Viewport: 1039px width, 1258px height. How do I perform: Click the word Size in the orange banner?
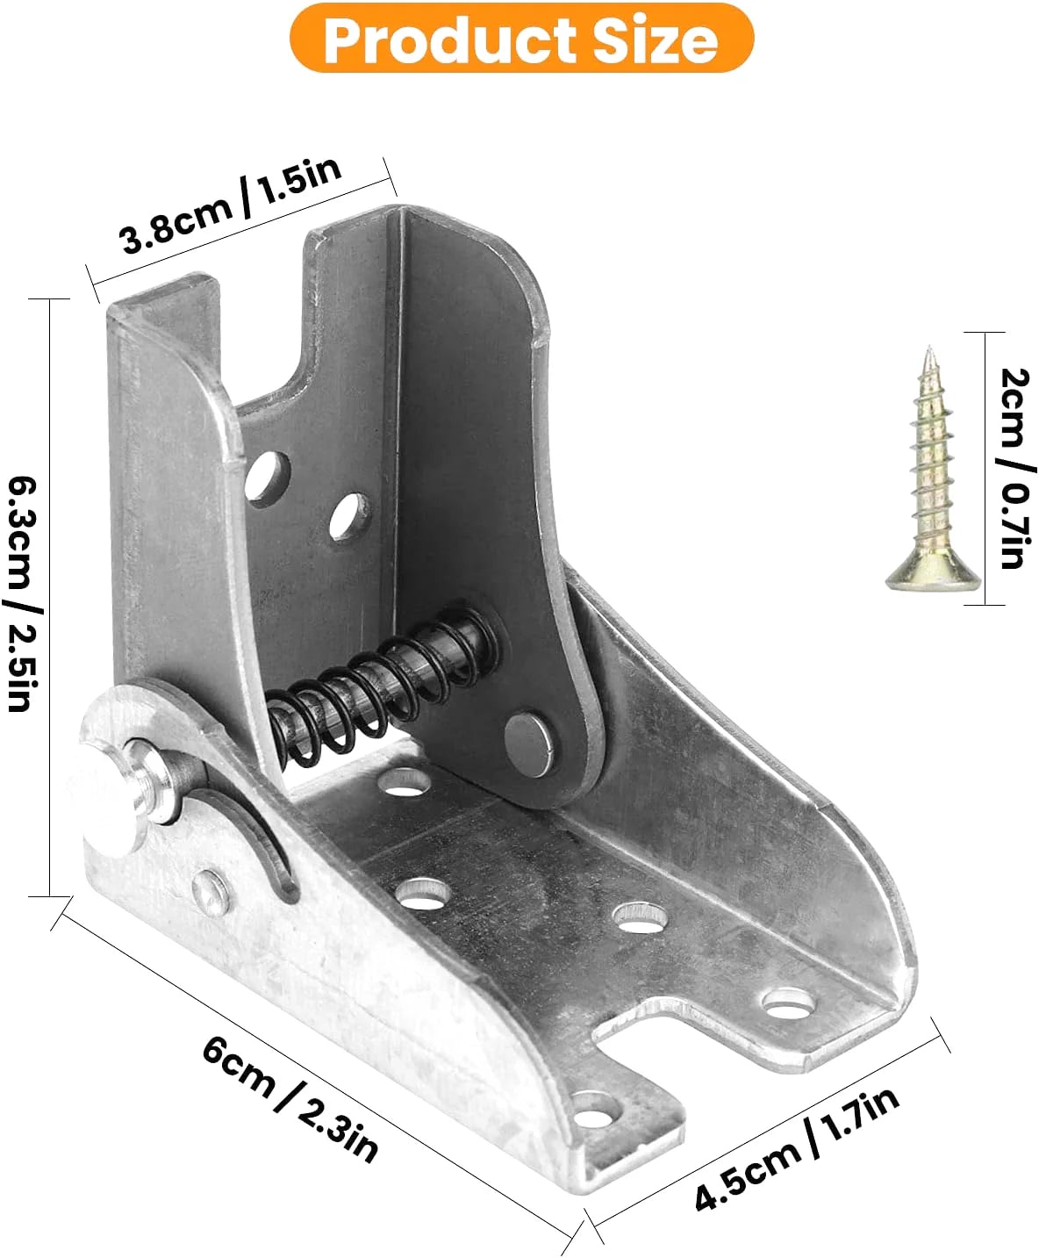656,40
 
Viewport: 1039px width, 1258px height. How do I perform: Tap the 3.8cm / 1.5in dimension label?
232,205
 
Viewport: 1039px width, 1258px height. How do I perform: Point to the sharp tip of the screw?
929,349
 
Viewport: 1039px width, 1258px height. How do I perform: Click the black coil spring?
381,686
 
